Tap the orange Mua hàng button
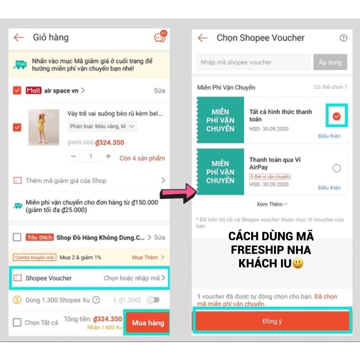(148, 323)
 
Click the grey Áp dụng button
(330, 62)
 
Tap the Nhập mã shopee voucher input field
(253, 62)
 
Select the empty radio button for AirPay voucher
(337, 168)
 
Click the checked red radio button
(337, 117)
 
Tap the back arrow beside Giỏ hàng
(18, 37)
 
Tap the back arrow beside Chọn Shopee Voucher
(203, 38)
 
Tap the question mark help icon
(343, 38)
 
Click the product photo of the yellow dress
(44, 127)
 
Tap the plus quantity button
(108, 156)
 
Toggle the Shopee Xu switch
(153, 300)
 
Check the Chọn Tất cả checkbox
(17, 322)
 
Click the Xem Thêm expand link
(272, 204)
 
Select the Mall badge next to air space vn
(34, 90)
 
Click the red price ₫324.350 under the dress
(109, 143)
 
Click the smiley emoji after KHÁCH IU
(297, 264)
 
